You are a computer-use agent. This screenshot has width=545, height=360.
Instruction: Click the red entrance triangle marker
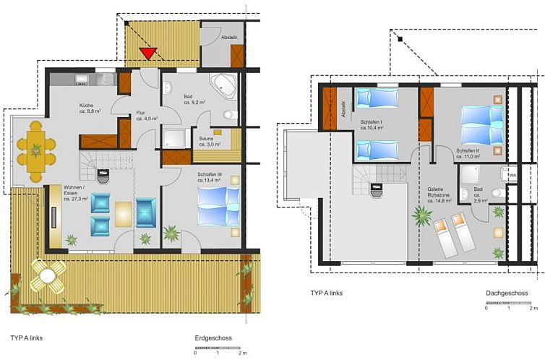point(148,53)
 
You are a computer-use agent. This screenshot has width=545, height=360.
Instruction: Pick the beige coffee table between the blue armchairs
point(124,214)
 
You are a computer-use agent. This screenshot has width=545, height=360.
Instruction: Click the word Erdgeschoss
point(213,338)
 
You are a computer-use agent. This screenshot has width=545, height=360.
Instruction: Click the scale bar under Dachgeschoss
point(510,302)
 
